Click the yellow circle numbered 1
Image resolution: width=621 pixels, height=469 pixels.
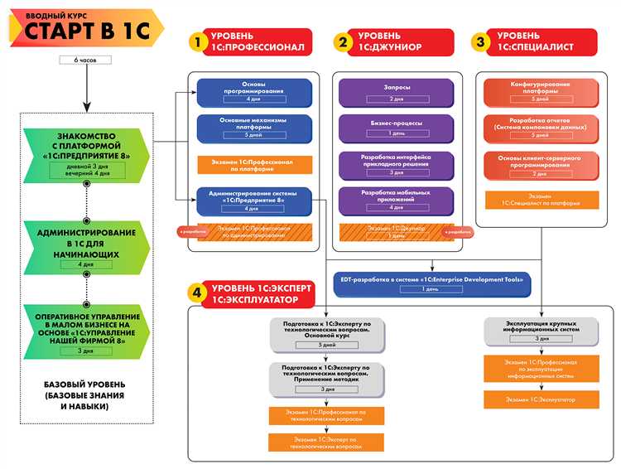tap(198, 41)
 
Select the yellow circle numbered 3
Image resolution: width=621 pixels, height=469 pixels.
tap(479, 41)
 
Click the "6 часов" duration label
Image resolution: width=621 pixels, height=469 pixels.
tap(86, 60)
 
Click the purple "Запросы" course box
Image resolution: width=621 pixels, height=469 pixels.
tap(397, 91)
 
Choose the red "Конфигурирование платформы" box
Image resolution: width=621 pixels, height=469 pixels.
tap(540, 91)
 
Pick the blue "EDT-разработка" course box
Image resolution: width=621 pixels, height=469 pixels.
tap(431, 283)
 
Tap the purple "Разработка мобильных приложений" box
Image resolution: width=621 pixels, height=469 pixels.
tap(397, 198)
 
